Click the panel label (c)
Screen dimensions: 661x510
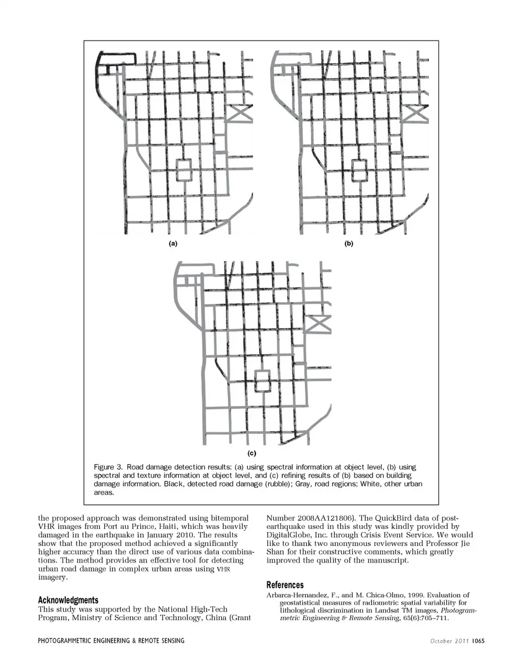[252, 453]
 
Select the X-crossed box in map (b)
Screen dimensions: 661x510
[416, 112]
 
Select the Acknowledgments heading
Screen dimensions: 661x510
[68, 600]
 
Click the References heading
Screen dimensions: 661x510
[285, 585]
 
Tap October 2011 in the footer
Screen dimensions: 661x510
[450, 641]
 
